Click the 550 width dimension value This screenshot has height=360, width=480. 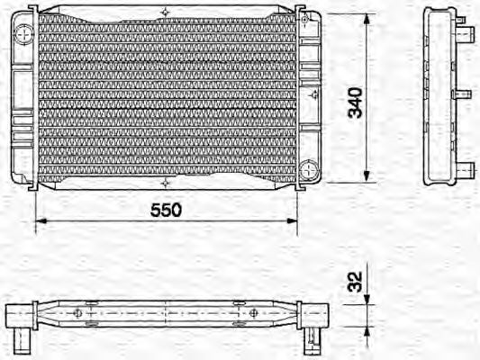pos(167,209)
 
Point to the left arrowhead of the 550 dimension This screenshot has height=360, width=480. pos(39,220)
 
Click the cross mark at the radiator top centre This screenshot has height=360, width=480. pos(166,12)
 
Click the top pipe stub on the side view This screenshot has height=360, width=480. pos(467,35)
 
